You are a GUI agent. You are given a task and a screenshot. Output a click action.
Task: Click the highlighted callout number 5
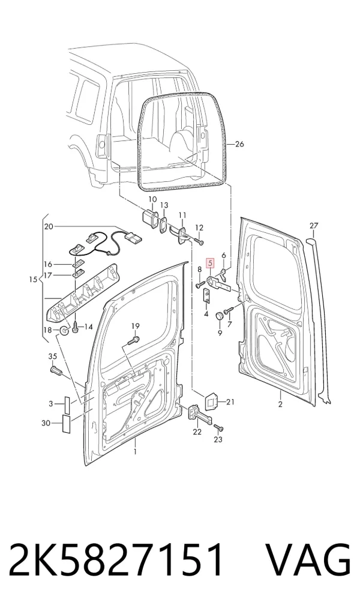(210, 263)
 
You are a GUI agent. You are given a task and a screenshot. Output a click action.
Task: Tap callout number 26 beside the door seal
(239, 144)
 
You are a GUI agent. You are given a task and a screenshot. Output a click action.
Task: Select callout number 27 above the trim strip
(314, 226)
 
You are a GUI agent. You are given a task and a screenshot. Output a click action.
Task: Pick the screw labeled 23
(218, 429)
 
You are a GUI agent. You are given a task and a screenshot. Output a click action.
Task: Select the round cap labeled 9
(220, 315)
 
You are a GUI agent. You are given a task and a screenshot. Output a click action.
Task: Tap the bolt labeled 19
(133, 340)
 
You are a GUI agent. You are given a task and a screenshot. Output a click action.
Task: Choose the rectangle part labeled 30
(65, 424)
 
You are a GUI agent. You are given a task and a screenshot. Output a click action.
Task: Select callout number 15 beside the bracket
(33, 280)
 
